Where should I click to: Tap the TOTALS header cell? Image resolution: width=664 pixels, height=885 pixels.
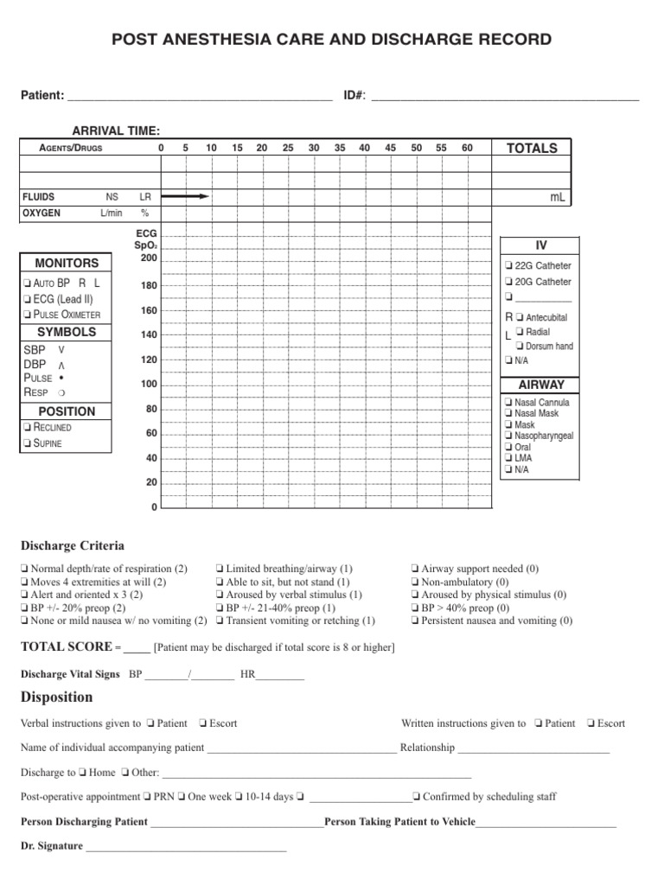tap(532, 148)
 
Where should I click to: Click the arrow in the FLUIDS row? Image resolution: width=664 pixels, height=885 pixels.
tap(185, 197)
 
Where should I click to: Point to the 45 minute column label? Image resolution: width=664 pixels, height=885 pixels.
tap(390, 148)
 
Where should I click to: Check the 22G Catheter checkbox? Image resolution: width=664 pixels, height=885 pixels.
tap(508, 266)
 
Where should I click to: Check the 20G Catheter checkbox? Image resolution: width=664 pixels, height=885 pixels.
tap(508, 283)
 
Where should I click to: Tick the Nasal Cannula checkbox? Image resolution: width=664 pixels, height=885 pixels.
tap(508, 403)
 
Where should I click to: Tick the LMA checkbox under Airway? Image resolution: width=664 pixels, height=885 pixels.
tap(508, 458)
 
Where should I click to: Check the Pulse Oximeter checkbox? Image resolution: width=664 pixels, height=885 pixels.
tap(29, 315)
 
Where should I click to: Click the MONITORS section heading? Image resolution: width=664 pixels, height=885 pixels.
tap(67, 263)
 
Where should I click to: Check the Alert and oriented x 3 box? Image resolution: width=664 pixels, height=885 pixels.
tap(24, 595)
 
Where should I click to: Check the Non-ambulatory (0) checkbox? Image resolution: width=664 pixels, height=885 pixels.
tap(416, 582)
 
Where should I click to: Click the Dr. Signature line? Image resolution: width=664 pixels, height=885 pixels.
tap(186, 847)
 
